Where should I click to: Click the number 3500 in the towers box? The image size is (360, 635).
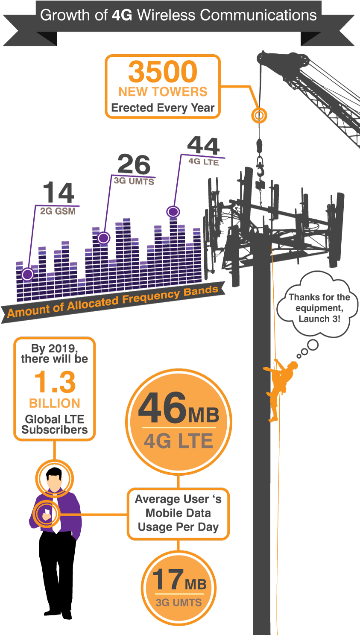(x=163, y=71)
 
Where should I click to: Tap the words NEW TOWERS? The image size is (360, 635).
(x=163, y=91)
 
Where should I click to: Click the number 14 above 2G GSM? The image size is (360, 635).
(x=59, y=192)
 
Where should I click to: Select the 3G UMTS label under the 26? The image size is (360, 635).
(x=134, y=181)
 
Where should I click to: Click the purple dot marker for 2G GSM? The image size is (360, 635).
(x=27, y=274)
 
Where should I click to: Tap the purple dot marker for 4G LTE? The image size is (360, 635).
(x=173, y=211)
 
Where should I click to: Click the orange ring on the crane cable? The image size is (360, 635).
(x=259, y=115)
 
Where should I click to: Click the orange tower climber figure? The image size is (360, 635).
(x=279, y=388)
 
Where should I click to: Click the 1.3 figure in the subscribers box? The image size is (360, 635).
(x=55, y=382)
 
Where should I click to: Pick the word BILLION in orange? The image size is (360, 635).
(x=55, y=403)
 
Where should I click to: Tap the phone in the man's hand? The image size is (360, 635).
(x=47, y=512)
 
